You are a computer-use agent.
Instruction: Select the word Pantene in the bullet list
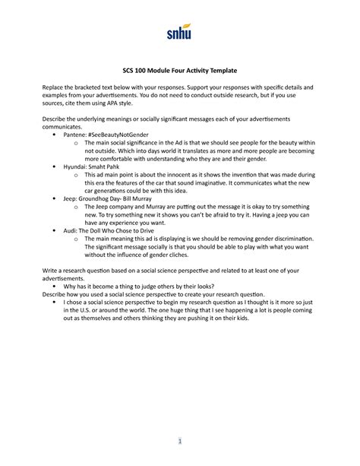click(81, 142)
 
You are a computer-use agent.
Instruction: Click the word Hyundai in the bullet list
click(81, 186)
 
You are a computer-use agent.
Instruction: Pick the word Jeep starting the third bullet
click(75, 230)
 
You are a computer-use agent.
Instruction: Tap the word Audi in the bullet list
click(75, 274)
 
